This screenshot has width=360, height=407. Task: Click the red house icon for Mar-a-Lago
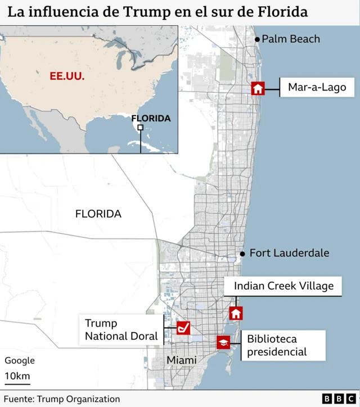pos(258,88)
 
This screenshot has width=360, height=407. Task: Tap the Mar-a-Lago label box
pos(317,87)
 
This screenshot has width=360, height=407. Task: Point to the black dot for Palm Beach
pos(257,39)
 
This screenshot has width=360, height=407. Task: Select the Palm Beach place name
pos(291,39)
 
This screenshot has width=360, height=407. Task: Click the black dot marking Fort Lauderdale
pos(242,254)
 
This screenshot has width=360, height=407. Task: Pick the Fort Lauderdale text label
pos(289,253)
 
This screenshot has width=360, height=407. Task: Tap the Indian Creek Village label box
pos(283,286)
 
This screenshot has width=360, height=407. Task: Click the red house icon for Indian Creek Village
pos(236,313)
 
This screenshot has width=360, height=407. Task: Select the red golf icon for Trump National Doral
pos(183,328)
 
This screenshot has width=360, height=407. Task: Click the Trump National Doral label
pos(120,330)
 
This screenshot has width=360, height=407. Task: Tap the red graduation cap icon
pos(223,342)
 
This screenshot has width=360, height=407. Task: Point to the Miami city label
pos(181,360)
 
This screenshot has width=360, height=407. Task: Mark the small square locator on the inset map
pos(140,128)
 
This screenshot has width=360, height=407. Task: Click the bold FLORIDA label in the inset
pos(151,118)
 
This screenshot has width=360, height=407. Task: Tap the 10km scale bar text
pos(17,376)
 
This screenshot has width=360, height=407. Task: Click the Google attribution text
pos(20,360)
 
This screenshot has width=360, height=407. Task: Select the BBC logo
pos(337,399)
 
